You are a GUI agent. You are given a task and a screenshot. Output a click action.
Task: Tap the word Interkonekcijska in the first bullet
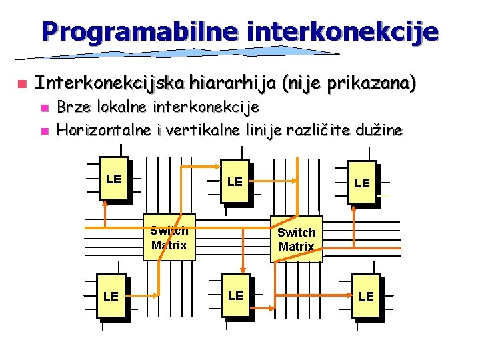click(x=110, y=84)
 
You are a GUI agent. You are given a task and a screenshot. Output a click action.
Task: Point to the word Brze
click(x=75, y=107)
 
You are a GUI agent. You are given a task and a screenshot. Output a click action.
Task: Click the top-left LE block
click(x=113, y=179)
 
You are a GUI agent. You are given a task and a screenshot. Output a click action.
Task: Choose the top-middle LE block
click(x=235, y=181)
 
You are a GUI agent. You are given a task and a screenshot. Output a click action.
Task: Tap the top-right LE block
click(x=362, y=182)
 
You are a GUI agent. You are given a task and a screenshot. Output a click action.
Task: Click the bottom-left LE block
click(x=111, y=295)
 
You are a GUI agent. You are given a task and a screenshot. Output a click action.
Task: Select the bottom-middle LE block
click(x=235, y=295)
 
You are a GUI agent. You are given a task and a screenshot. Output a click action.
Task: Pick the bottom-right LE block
click(x=366, y=296)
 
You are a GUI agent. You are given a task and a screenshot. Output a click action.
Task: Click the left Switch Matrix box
click(x=169, y=238)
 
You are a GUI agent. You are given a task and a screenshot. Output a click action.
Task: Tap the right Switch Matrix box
click(x=296, y=239)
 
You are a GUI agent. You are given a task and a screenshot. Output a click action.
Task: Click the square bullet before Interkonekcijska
click(x=21, y=85)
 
